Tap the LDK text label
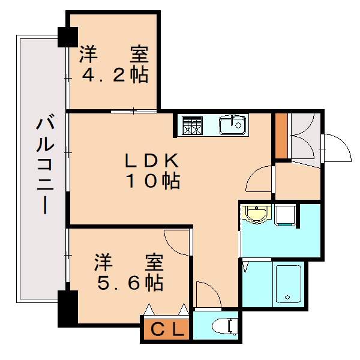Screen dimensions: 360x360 152,160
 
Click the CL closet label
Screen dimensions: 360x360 167,329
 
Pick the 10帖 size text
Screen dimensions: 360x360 152,180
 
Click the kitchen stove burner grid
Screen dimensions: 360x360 193,125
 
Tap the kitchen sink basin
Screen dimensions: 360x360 233,125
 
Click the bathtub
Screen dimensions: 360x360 288,284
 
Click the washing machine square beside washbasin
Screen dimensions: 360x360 285,214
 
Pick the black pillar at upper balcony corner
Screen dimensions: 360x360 64,37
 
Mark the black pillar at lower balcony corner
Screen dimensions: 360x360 67,308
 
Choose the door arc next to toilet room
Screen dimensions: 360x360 207,293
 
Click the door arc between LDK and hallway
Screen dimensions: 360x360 260,178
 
